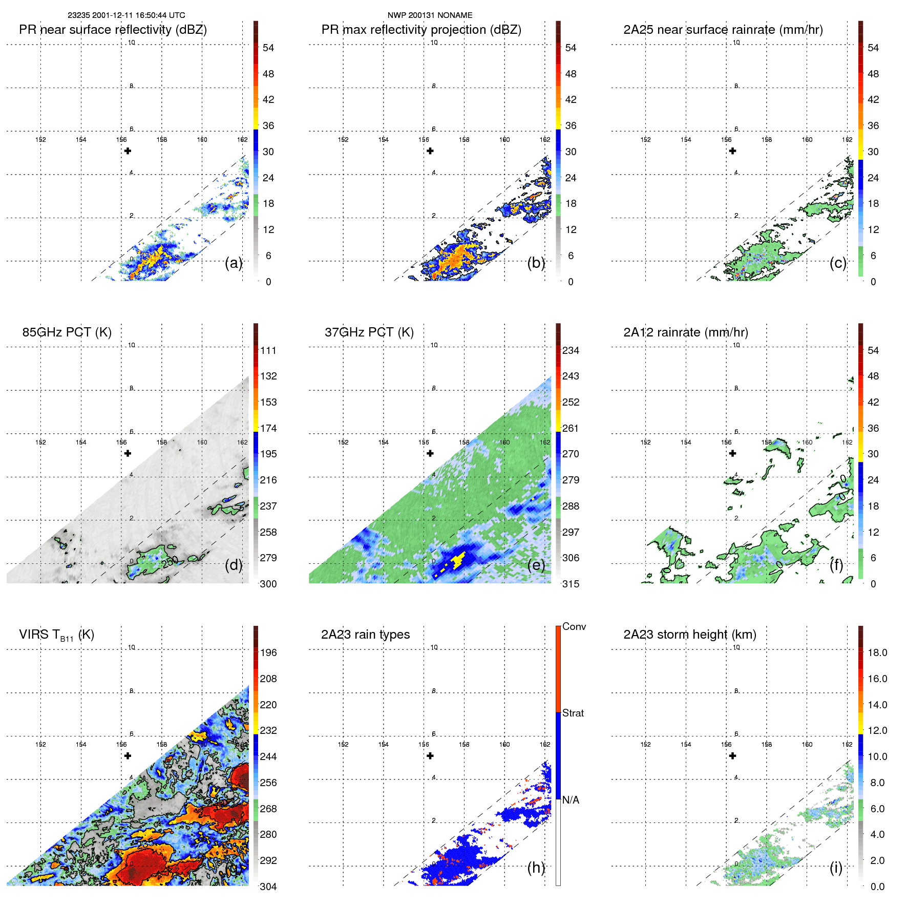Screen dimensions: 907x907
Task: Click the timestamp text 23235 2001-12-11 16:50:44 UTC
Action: point(126,15)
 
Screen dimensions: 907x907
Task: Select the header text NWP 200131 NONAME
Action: point(430,15)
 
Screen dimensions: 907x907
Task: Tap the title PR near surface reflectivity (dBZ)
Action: point(113,30)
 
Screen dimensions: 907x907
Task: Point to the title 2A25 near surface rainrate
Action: point(723,30)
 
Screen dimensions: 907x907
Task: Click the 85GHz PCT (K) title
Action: point(67,332)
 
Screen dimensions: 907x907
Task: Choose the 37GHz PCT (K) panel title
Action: point(369,332)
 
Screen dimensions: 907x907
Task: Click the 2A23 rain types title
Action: point(365,635)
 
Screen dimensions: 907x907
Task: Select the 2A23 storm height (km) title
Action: point(689,635)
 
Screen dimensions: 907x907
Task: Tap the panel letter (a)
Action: point(234,263)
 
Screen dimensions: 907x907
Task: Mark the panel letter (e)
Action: point(536,565)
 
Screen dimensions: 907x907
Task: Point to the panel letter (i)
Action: point(836,868)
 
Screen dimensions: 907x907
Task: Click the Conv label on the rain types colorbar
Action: point(574,626)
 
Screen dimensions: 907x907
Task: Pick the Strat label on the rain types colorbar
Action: point(573,713)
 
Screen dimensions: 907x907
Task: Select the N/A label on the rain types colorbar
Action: point(571,800)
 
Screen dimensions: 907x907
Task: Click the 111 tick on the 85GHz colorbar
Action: point(268,350)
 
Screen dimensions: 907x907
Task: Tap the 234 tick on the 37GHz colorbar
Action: point(571,350)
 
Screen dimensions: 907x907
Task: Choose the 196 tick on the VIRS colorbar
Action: point(268,652)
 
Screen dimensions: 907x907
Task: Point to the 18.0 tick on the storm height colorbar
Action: point(877,652)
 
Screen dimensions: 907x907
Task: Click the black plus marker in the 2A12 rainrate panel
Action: point(732,453)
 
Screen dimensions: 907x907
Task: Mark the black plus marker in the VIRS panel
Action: point(128,755)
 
